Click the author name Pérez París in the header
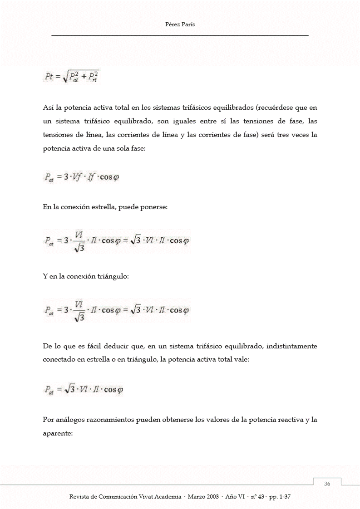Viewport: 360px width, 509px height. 180,25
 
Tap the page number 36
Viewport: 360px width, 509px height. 327,484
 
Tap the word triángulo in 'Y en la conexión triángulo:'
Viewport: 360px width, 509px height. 113,277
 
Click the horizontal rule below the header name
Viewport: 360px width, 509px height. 180,35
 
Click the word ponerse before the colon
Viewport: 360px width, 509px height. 153,207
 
